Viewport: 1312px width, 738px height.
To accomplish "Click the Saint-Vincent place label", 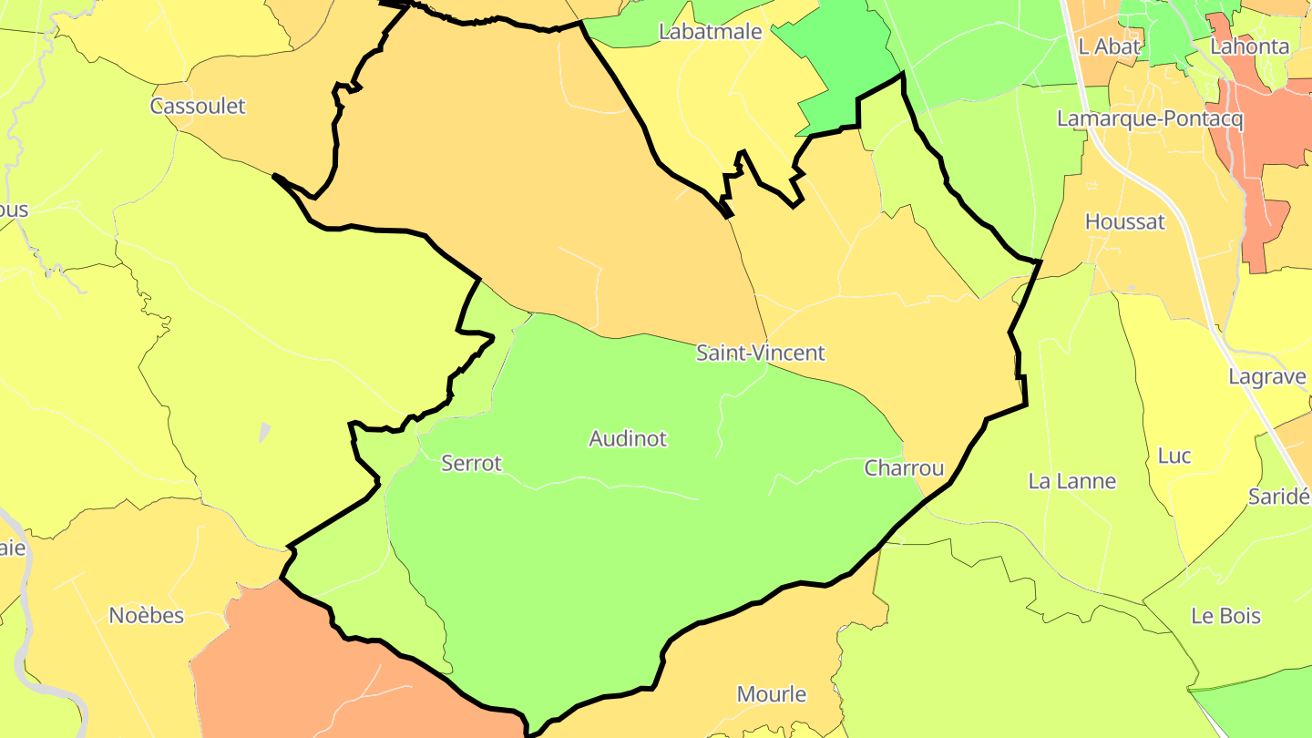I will point(760,353).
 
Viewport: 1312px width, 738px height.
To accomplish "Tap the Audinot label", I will point(628,438).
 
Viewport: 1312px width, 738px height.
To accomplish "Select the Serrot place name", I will point(471,463).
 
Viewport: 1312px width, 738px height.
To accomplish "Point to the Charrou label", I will point(904,468).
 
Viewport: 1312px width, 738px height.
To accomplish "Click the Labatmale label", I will point(710,32).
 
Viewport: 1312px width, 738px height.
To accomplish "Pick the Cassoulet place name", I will point(198,106).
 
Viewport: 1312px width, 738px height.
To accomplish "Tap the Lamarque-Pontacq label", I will point(1150,118).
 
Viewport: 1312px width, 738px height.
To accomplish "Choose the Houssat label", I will point(1124,221).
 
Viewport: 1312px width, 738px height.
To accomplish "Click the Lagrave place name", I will point(1267,376).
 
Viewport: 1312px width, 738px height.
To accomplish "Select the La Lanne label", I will point(1071,481).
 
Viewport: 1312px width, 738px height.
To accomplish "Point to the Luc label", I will point(1174,456).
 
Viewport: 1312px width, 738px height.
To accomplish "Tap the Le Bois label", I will point(1225,616).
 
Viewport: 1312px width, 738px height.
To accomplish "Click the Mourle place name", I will point(771,694).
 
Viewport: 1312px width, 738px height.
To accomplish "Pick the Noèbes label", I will point(146,616).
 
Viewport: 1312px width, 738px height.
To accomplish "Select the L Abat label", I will point(1109,46).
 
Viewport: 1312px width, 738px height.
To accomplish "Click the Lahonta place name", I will point(1249,46).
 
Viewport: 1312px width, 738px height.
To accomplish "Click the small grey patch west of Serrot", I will point(264,432).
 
